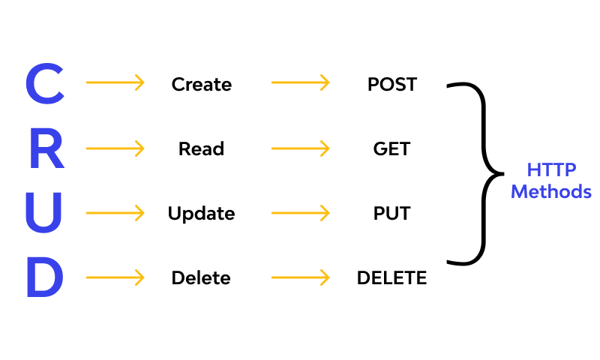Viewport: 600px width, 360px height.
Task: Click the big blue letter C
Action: point(45,84)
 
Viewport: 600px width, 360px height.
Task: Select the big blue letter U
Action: point(45,213)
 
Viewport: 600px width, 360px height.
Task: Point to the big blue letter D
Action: point(45,277)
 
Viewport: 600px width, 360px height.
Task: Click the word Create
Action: point(201,84)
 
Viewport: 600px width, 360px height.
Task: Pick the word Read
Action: point(201,148)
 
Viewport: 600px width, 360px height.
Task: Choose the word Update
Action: point(201,214)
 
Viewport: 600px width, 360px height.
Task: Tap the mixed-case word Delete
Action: point(201,278)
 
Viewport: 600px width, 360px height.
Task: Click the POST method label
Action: point(391,84)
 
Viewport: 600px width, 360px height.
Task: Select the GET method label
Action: point(391,148)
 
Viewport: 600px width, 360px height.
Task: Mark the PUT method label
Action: point(391,214)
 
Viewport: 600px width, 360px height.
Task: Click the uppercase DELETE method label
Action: point(391,278)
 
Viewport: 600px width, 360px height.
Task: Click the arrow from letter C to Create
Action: point(115,82)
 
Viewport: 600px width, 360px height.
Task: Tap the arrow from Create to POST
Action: point(300,82)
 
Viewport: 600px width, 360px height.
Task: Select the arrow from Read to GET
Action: point(300,148)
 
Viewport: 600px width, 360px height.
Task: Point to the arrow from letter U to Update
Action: point(115,213)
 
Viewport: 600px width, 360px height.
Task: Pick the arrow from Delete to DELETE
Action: point(300,277)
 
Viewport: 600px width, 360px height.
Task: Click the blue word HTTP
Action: point(550,169)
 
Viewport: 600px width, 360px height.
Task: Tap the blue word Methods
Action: point(550,191)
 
